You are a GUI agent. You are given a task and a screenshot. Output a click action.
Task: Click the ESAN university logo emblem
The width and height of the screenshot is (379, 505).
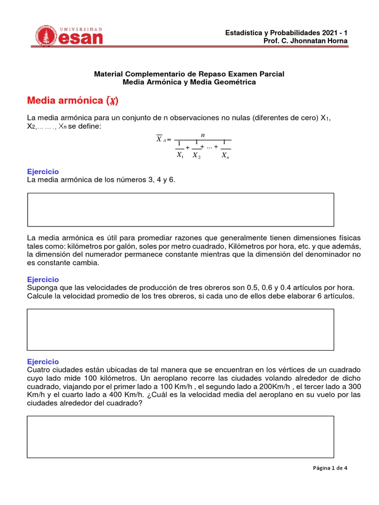[x=48, y=37]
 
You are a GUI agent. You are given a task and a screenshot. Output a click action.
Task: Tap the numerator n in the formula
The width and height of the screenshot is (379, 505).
[x=202, y=134]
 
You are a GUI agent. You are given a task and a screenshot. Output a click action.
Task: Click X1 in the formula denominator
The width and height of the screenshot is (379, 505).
[x=180, y=155]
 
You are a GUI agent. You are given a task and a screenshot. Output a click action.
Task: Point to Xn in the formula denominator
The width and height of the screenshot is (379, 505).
[x=225, y=155]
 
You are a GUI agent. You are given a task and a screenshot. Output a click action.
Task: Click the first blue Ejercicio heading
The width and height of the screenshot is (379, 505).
[x=43, y=172]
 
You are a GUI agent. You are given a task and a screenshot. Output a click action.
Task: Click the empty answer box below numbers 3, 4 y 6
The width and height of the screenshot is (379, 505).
[x=180, y=210]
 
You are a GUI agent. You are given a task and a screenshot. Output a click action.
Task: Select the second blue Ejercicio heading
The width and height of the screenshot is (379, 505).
[x=43, y=280]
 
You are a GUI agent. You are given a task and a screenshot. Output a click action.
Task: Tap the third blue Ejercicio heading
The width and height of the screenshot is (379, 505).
[x=43, y=361]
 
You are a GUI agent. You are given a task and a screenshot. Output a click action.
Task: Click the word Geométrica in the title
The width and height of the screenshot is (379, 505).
[x=235, y=82]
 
